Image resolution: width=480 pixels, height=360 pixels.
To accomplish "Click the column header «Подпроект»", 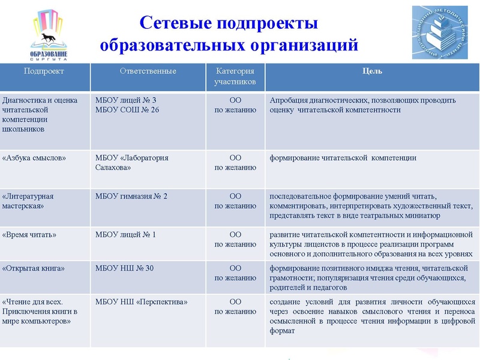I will pos(44,71).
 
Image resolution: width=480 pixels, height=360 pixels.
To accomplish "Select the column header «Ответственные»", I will pos(148,71).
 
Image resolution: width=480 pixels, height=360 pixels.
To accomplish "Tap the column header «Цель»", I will pos(372,71).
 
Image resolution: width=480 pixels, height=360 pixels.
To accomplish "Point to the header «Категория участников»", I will pos(235,76).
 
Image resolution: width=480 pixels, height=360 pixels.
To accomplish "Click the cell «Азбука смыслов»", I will pos(34,158).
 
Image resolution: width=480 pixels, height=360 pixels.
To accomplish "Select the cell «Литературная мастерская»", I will pos(28,201).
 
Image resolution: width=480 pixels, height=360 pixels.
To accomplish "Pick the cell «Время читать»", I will pos(29,235).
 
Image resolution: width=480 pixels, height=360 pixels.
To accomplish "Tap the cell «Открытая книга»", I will pos(34,268).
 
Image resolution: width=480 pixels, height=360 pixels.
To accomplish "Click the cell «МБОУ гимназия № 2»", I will pos(131,196).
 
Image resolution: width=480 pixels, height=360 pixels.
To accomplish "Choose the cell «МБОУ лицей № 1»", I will pos(125,235).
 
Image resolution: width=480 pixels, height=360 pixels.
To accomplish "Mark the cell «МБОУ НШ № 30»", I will pos(125,268).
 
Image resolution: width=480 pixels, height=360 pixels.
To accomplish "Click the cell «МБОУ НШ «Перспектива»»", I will pos(142,302).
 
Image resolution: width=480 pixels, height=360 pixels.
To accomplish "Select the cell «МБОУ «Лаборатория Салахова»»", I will pos(132,163).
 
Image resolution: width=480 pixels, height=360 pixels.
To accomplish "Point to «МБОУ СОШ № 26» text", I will pos(127,110).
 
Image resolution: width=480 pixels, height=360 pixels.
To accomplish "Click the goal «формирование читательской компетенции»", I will pos(343,158).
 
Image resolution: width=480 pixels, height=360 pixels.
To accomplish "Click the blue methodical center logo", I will pos(440,32).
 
